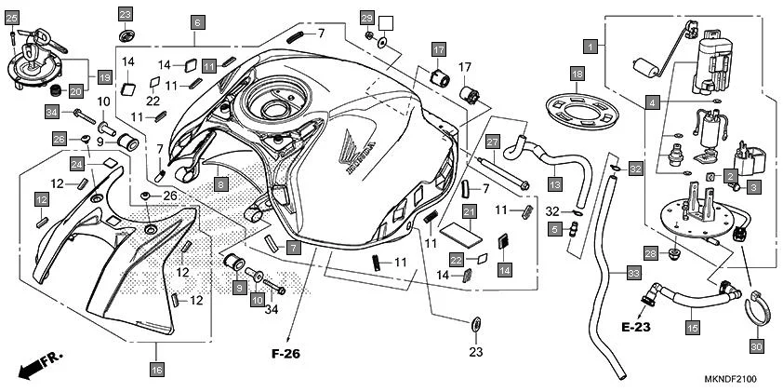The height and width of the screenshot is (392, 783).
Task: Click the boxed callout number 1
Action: click(x=590, y=44)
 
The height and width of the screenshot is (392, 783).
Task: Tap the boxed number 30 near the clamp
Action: click(x=756, y=345)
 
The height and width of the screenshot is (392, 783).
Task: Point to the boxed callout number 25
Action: click(x=11, y=17)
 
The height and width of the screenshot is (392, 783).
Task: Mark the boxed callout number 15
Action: click(x=691, y=327)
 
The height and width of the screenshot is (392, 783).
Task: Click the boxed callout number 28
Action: click(x=652, y=253)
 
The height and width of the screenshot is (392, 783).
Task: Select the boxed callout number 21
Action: click(x=470, y=213)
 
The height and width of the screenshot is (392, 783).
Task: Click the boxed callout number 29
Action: click(x=366, y=18)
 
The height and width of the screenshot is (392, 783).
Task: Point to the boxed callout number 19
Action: click(x=104, y=77)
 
